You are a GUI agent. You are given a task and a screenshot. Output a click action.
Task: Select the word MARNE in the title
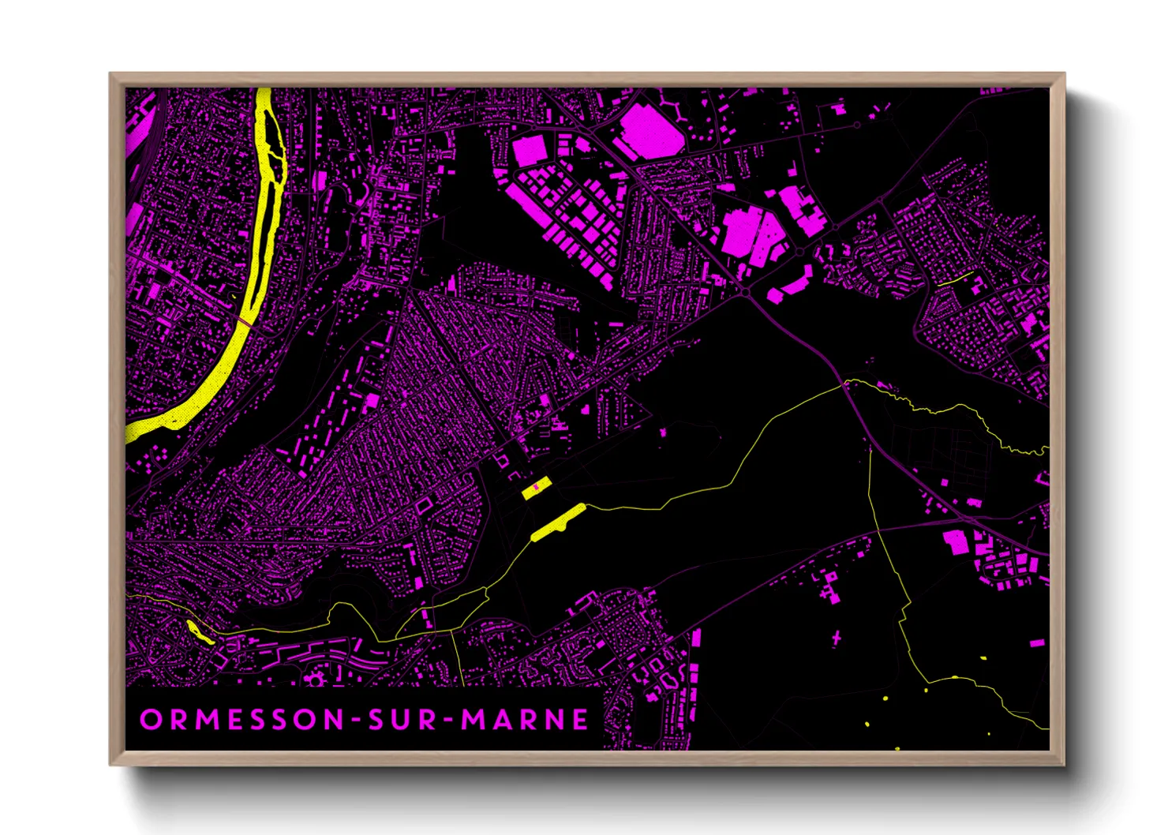pyautogui.click(x=525, y=719)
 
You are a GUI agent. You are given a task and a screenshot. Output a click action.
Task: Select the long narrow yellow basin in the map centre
pyautogui.click(x=558, y=522)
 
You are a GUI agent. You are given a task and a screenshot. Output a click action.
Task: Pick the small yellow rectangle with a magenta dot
pyautogui.click(x=536, y=489)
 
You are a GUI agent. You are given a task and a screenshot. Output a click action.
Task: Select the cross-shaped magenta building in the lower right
pyautogui.click(x=837, y=636)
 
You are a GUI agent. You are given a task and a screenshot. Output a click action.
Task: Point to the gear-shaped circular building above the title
pyautogui.click(x=318, y=678)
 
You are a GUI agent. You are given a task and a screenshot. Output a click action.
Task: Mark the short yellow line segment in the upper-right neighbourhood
pyautogui.click(x=955, y=279)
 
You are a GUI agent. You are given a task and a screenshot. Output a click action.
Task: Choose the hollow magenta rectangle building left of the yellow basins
pyautogui.click(x=424, y=504)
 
